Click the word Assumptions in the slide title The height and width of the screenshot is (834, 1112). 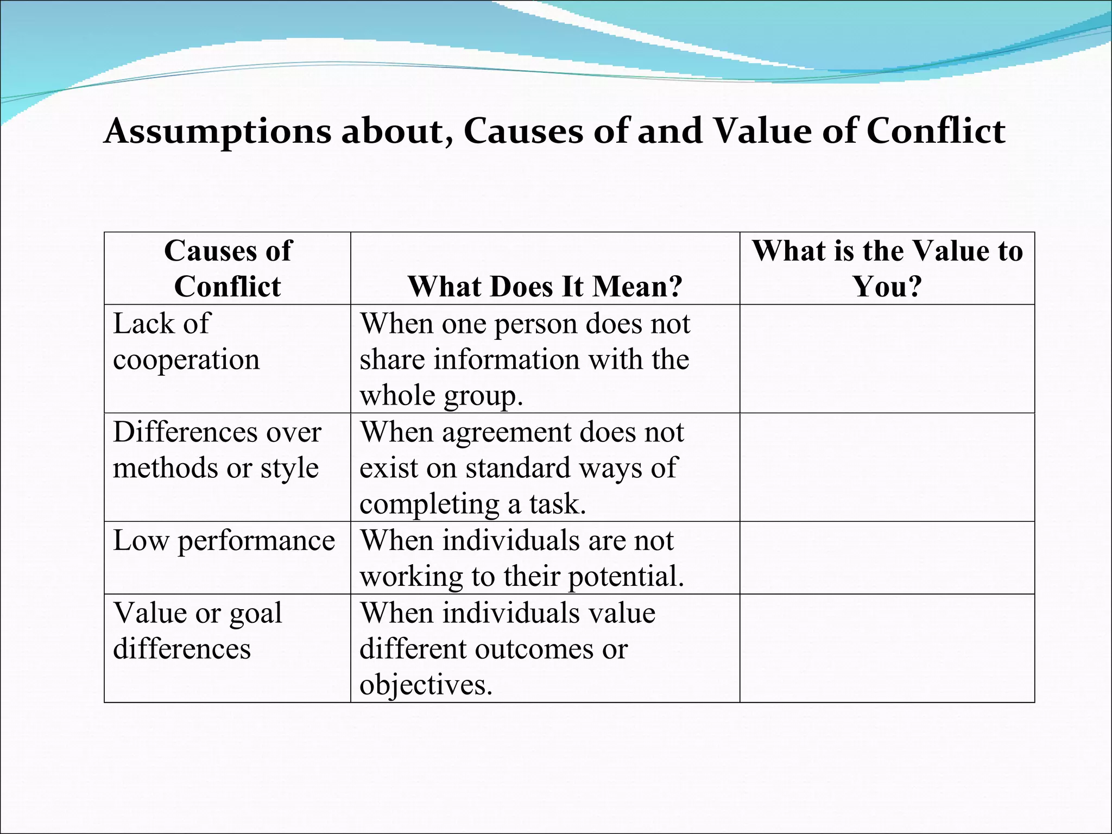pos(217,131)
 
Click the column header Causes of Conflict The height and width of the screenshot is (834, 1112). pos(228,268)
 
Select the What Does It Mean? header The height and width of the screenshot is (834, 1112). pos(545,286)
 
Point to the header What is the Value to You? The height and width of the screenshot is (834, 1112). pos(887,268)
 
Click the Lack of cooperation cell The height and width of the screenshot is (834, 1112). pos(186,342)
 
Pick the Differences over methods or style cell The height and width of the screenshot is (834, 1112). pos(217,450)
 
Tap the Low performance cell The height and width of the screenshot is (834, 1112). pos(224,541)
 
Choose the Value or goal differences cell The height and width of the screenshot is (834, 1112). pos(198,630)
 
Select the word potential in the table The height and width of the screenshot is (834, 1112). pos(626,577)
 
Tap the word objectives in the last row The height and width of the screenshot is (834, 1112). pos(426,685)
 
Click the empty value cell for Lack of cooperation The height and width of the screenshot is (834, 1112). pos(887,358)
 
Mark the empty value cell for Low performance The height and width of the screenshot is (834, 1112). pos(887,558)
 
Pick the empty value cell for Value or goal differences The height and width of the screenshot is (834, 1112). pos(887,648)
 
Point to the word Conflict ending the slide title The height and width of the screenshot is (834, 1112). pos(936,131)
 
